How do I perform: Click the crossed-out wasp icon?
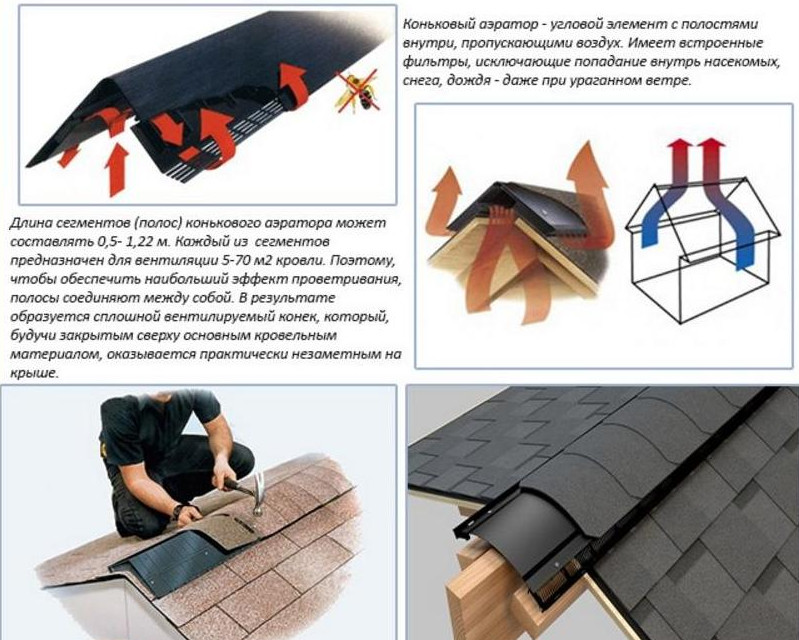357,91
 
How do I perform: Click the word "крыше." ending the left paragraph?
34,374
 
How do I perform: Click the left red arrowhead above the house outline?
678,145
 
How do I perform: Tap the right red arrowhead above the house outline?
710,145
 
